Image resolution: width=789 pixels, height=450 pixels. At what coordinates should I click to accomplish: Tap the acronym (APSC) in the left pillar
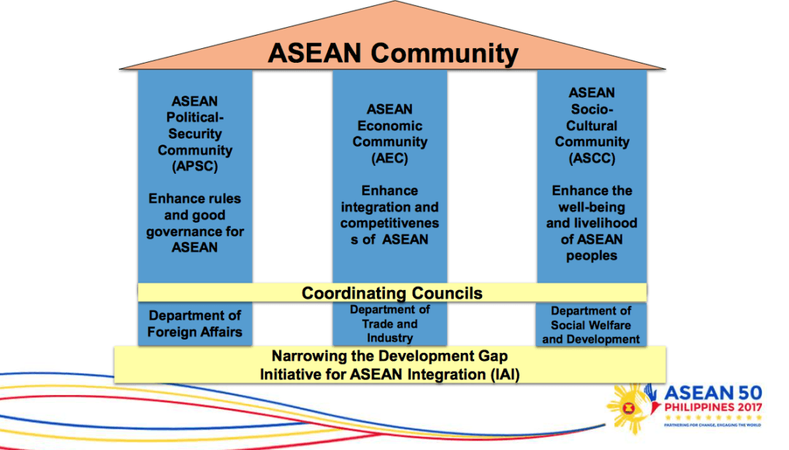[195, 167]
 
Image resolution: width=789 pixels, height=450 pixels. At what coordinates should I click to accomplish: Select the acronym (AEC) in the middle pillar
[389, 159]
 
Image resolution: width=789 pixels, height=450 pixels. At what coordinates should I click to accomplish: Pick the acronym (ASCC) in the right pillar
[592, 159]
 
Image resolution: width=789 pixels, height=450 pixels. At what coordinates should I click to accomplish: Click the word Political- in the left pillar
[195, 118]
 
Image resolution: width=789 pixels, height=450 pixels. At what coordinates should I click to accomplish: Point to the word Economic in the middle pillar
[389, 126]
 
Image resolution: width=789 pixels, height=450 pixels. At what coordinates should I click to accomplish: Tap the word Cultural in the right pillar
[592, 126]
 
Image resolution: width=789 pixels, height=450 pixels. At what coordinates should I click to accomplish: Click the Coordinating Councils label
[392, 293]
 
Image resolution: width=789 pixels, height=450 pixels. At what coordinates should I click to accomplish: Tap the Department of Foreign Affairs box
[195, 324]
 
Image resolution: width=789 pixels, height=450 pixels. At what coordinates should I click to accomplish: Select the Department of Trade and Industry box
[389, 324]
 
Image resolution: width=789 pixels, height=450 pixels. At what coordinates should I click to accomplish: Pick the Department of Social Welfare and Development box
[591, 324]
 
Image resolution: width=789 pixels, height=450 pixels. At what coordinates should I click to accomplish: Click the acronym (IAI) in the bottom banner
[503, 375]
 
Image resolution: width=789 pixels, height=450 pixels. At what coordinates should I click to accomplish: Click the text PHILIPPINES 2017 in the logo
[713, 407]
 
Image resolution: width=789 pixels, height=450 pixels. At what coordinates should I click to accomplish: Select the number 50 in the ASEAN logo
[750, 393]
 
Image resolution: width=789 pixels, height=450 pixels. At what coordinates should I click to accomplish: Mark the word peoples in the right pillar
[592, 256]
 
